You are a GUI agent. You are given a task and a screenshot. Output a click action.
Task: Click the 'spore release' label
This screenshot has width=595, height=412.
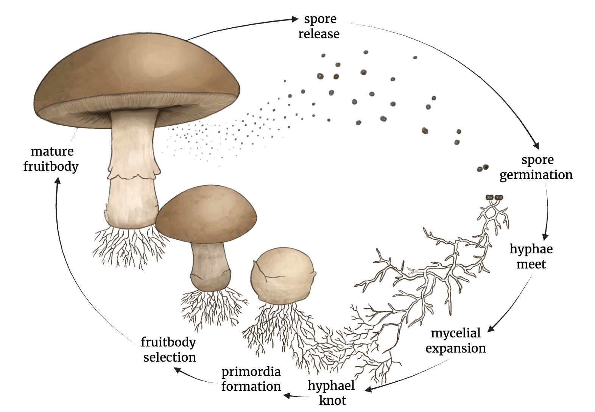click(x=319, y=27)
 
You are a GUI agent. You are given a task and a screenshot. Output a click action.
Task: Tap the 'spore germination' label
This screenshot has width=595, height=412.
click(x=536, y=167)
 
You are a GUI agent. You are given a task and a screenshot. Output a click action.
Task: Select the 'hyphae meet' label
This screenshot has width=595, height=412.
click(x=531, y=256)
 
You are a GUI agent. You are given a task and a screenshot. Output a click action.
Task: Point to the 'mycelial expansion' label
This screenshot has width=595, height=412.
click(x=456, y=340)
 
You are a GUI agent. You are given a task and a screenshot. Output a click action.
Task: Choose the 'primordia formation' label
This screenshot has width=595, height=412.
click(x=251, y=379)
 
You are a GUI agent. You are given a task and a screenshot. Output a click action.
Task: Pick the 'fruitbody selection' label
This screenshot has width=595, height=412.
click(x=169, y=350)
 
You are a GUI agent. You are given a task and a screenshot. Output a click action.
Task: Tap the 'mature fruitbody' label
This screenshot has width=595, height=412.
click(x=51, y=159)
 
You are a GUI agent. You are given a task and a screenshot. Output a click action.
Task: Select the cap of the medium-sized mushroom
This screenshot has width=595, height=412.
click(x=206, y=212)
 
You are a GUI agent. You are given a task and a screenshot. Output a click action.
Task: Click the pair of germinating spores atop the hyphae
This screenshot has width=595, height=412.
click(x=494, y=197)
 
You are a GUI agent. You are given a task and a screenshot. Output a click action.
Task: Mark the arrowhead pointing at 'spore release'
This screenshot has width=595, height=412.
click(x=295, y=19)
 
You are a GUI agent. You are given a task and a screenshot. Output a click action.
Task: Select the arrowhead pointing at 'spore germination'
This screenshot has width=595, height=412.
click(x=536, y=145)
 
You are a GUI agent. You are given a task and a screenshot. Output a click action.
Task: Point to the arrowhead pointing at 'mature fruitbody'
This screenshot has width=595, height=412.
click(x=58, y=181)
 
